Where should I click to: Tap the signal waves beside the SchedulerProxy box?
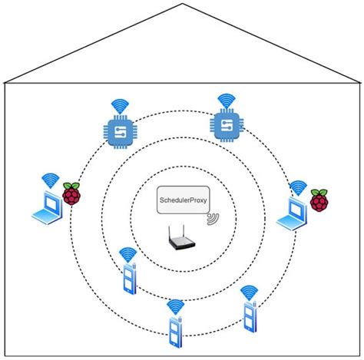pyautogui.click(x=212, y=220)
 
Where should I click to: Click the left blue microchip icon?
pyautogui.click(x=119, y=133)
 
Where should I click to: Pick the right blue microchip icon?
pyautogui.click(x=226, y=126)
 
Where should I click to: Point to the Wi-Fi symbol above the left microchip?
pyautogui.click(x=119, y=106)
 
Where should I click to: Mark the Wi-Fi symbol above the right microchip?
pyautogui.click(x=226, y=100)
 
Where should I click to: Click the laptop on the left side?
pyautogui.click(x=45, y=209)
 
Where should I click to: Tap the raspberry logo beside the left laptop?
pyautogui.click(x=72, y=195)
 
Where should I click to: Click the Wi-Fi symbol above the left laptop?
pyautogui.click(x=51, y=181)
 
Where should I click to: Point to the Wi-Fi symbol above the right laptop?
pyautogui.click(x=297, y=187)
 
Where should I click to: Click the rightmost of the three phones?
pyautogui.click(x=248, y=315)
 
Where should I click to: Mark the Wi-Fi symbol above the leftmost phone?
pyautogui.click(x=127, y=255)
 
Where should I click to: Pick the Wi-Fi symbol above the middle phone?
pyautogui.click(x=175, y=306)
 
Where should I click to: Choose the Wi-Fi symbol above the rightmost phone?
pyautogui.click(x=248, y=292)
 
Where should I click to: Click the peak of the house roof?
pyautogui.click(x=182, y=3)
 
